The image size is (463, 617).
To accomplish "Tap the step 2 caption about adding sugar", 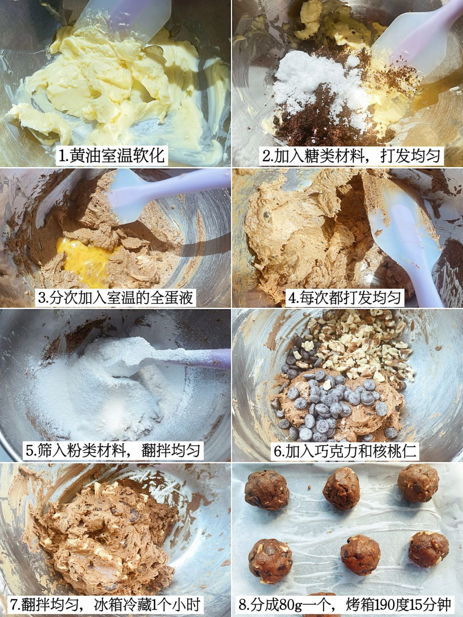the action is pyautogui.click(x=351, y=156).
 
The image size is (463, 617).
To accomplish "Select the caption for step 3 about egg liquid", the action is pyautogui.click(x=116, y=297).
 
